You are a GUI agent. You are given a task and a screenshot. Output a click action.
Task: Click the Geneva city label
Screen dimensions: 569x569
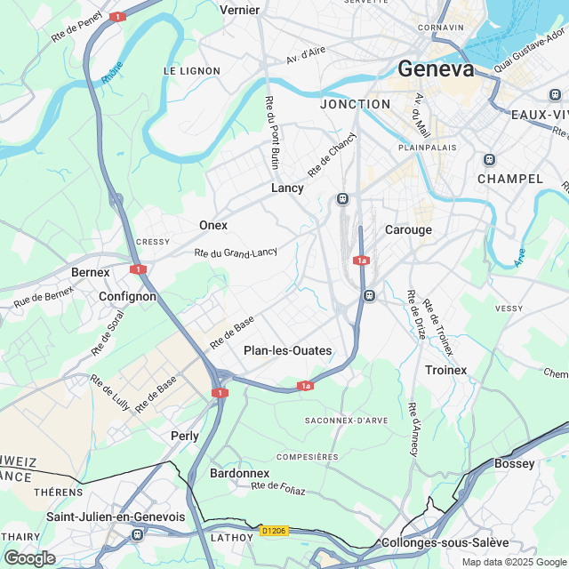[436, 69]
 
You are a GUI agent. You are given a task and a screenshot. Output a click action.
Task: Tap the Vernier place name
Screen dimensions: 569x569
[239, 10]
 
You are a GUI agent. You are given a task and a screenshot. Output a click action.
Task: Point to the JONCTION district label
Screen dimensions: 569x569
[355, 104]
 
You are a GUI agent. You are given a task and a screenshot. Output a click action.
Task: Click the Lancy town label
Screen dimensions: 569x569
[287, 188]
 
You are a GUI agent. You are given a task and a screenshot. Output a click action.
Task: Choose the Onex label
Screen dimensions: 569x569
[213, 225]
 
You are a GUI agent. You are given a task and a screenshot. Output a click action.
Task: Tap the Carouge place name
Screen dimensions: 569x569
[408, 229]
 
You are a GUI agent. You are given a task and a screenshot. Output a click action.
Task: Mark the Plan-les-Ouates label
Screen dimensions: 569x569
[287, 350]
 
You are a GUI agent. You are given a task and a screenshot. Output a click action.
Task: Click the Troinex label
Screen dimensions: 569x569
[446, 369]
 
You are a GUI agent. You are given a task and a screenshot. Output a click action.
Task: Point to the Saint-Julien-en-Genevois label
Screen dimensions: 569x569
[116, 517]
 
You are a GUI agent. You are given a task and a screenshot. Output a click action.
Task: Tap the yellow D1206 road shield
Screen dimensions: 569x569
[273, 531]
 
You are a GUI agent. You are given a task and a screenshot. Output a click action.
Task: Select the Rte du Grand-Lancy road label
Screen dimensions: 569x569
[236, 253]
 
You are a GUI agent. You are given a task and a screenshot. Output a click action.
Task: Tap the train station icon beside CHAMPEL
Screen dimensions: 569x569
[488, 160]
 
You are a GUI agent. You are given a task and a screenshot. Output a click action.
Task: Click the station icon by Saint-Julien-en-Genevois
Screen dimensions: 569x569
[136, 534]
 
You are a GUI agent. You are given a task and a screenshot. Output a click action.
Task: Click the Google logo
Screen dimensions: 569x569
[29, 558]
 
